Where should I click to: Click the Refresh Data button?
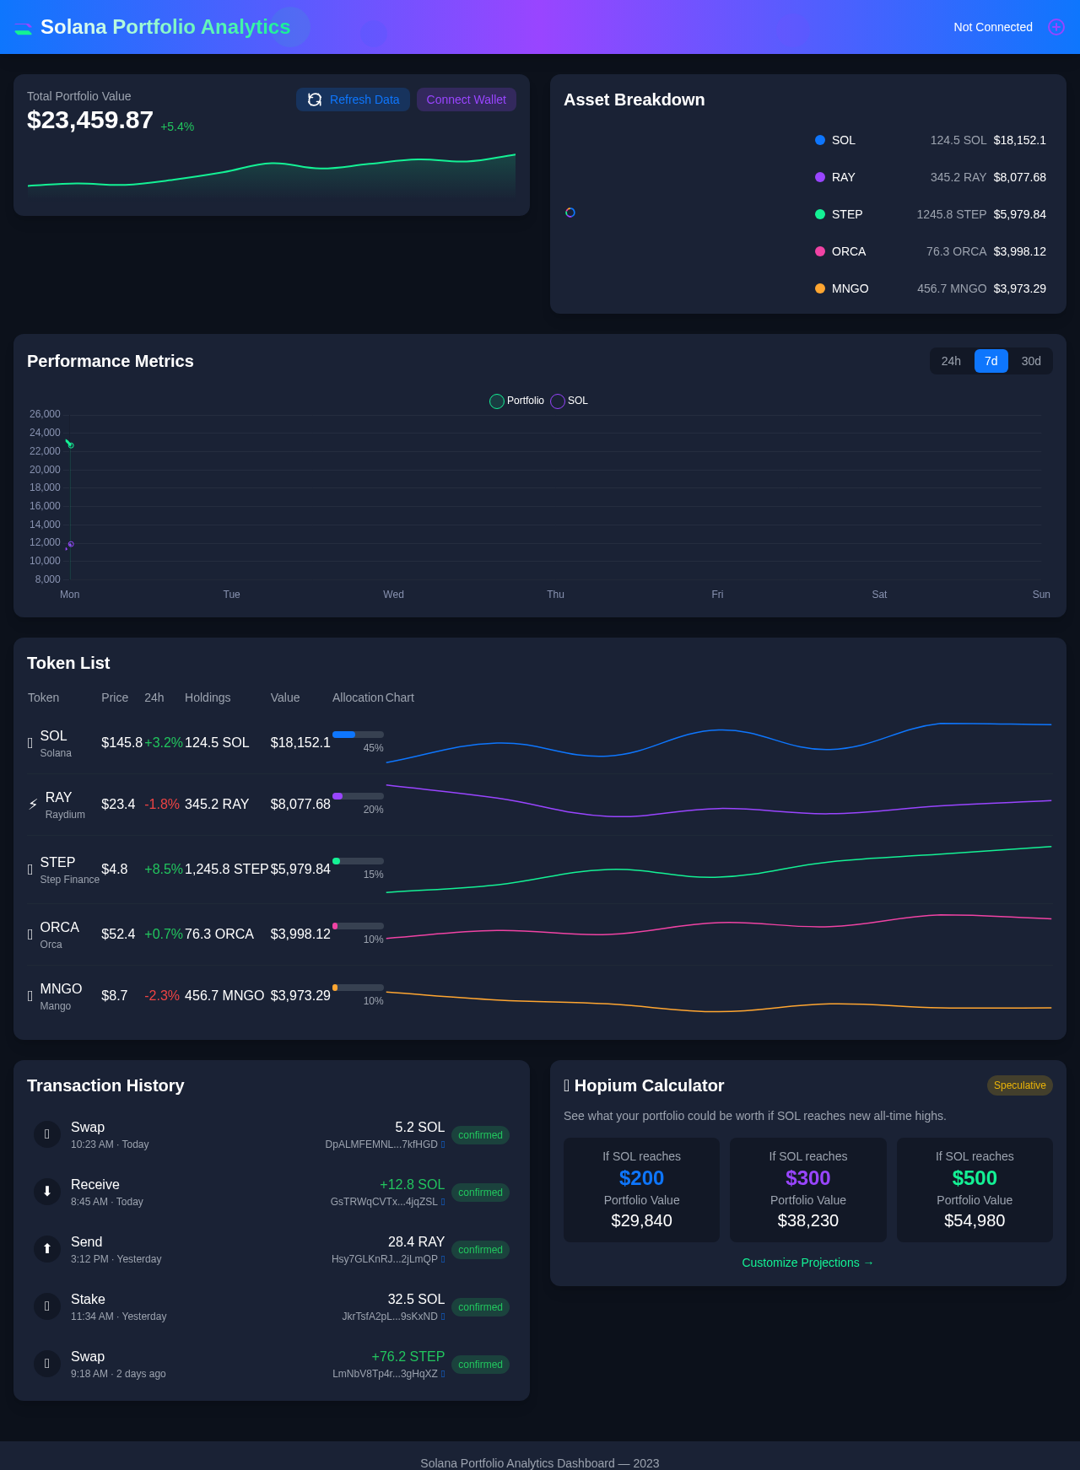(x=353, y=100)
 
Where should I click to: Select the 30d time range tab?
(x=1030, y=361)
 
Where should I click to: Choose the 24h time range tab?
(x=951, y=361)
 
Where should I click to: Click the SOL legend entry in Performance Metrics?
(x=570, y=401)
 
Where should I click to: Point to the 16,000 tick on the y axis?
(x=45, y=506)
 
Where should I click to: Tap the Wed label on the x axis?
(x=393, y=595)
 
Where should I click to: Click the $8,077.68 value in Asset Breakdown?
(x=1019, y=177)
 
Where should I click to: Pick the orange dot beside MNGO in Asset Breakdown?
(x=820, y=288)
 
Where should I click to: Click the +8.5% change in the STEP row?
(x=163, y=869)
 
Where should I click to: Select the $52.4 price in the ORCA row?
(x=118, y=934)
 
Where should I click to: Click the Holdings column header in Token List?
(x=208, y=697)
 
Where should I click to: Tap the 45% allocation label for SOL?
(x=373, y=748)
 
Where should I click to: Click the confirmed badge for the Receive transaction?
(x=480, y=1193)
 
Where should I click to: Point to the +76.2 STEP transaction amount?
(x=408, y=1356)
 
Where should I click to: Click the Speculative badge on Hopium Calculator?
(x=1019, y=1085)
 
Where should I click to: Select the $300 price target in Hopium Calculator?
(x=807, y=1178)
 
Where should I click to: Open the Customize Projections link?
(x=807, y=1263)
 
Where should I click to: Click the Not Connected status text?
(x=992, y=27)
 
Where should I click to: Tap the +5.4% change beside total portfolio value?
(x=177, y=127)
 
